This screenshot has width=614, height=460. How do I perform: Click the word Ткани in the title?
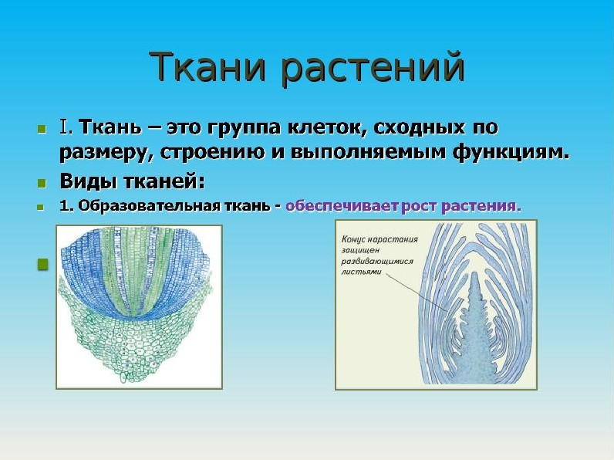pos(208,66)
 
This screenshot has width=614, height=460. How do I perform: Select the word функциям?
pos(511,152)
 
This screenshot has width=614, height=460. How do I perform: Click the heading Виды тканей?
pos(133,181)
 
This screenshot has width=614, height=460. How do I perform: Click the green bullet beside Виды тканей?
pos(42,183)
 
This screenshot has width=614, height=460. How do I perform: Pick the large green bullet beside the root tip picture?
pos(42,264)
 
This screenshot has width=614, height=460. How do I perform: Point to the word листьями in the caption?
pos(362,272)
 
